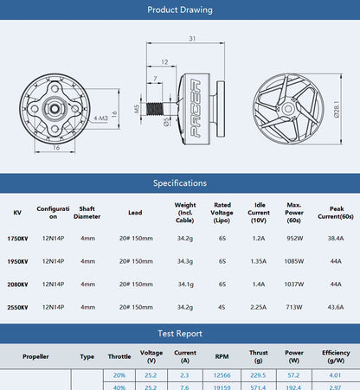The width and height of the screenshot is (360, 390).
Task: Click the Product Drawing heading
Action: (180, 10)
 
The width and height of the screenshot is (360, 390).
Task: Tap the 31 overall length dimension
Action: (191, 38)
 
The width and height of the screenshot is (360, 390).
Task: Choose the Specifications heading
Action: (180, 183)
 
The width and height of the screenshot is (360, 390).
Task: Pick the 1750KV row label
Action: (17, 237)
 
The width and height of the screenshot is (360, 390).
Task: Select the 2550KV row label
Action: (17, 306)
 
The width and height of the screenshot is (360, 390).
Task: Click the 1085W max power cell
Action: (294, 260)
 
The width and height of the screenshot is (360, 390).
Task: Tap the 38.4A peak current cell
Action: (336, 237)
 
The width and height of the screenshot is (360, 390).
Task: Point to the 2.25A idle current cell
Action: (258, 306)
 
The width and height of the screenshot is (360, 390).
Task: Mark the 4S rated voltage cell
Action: (222, 306)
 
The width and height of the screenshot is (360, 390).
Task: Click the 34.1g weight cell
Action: (185, 284)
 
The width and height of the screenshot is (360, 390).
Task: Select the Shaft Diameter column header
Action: (87, 212)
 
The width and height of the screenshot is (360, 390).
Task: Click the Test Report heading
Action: (180, 333)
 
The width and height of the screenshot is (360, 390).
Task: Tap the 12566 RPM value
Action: (220, 375)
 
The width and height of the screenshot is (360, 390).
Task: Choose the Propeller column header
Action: (35, 355)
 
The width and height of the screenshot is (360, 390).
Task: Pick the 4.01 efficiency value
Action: (335, 375)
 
